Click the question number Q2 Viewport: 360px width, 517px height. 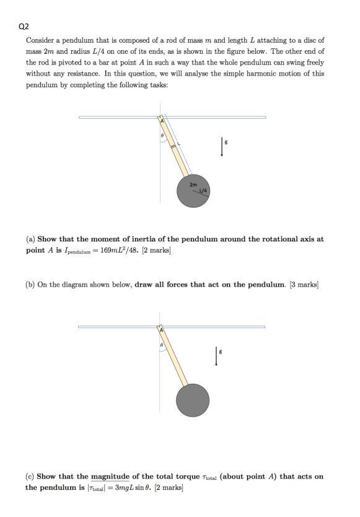[x=24, y=27]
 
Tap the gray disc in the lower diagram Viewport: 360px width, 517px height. [x=193, y=400]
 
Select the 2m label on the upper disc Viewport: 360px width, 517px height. [x=193, y=185]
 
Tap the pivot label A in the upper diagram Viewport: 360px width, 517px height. [x=161, y=120]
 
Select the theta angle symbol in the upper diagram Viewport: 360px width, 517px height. [x=162, y=136]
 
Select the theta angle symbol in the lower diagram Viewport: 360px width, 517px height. [x=162, y=344]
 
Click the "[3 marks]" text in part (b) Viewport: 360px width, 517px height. [x=304, y=285]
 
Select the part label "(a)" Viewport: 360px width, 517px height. [x=30, y=239]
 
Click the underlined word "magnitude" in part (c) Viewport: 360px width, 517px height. [x=110, y=477]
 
